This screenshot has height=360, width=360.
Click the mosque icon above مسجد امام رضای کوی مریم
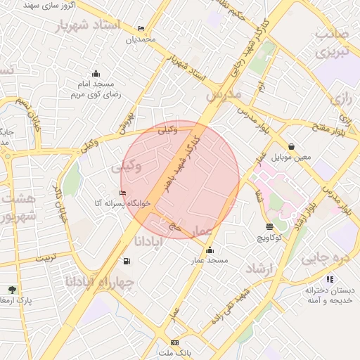[x=96, y=74]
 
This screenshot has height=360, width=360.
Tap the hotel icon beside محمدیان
[x=141, y=29]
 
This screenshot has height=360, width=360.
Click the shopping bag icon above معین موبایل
[x=292, y=146]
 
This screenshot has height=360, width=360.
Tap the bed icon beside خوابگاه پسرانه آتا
[x=123, y=193]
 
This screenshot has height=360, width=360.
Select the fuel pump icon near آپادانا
[x=127, y=262]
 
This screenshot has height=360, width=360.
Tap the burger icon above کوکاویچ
[x=270, y=226]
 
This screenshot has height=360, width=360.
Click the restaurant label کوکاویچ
[x=269, y=238]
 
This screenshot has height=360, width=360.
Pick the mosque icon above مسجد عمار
[x=210, y=250]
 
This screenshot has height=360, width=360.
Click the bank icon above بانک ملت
[x=175, y=342]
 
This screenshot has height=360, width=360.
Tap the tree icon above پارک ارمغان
[x=12, y=289]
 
